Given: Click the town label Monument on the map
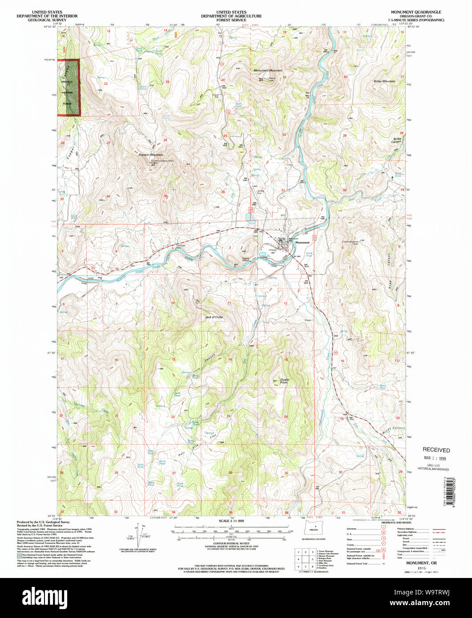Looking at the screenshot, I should pyautogui.click(x=302, y=243).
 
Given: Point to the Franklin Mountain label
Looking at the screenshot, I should pyautogui.click(x=150, y=155).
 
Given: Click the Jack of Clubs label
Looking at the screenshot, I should pyautogui.click(x=213, y=317).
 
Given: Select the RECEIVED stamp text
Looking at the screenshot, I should pyautogui.click(x=436, y=450).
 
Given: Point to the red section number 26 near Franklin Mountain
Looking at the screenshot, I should pyautogui.click(x=165, y=140).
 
